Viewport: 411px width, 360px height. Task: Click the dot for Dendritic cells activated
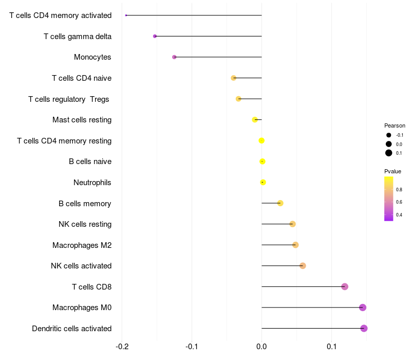[364, 328]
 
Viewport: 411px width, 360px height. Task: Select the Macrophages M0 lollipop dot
[363, 308]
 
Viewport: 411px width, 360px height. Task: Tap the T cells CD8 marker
[345, 286]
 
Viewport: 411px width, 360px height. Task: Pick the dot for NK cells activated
[303, 266]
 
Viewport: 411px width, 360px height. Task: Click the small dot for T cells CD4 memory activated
[126, 15]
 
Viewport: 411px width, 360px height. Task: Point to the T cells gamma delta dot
[155, 36]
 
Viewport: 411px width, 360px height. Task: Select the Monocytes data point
[174, 57]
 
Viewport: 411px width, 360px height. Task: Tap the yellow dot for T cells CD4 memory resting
[261, 140]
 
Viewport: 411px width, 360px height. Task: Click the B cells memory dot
[280, 203]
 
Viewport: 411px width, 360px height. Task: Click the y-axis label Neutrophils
[92, 183]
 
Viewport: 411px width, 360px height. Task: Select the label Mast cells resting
[82, 120]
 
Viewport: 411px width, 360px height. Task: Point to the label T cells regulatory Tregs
[69, 99]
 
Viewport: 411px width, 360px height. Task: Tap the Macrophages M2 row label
[82, 245]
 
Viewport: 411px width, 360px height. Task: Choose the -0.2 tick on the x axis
[122, 346]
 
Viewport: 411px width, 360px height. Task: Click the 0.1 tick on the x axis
[331, 346]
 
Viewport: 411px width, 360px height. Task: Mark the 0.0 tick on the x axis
[261, 346]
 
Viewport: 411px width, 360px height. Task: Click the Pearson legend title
[395, 125]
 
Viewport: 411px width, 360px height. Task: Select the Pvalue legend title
[393, 171]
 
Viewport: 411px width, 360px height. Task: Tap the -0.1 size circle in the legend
[389, 135]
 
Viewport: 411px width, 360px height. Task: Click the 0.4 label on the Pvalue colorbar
[399, 215]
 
